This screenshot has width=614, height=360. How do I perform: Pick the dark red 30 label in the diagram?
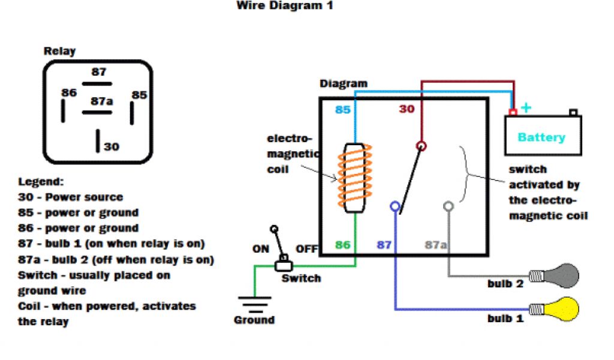407,109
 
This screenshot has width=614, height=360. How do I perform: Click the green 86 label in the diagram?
342,245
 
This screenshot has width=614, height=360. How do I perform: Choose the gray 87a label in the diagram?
436,245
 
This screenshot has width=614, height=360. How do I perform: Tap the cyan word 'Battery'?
541,137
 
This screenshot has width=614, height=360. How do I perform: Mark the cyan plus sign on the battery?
526,108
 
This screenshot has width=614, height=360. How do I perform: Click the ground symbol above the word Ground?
254,304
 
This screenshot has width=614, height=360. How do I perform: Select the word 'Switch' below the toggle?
301,278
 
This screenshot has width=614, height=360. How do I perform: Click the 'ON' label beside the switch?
261,248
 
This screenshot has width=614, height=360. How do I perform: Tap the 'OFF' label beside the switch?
306,248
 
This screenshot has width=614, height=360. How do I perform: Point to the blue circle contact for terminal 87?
395,206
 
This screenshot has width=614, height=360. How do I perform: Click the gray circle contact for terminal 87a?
448,206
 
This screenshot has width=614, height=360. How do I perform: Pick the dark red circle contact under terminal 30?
422,146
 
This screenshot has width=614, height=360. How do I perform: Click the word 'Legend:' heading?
41,181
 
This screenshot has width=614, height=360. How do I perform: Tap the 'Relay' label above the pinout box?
60,51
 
